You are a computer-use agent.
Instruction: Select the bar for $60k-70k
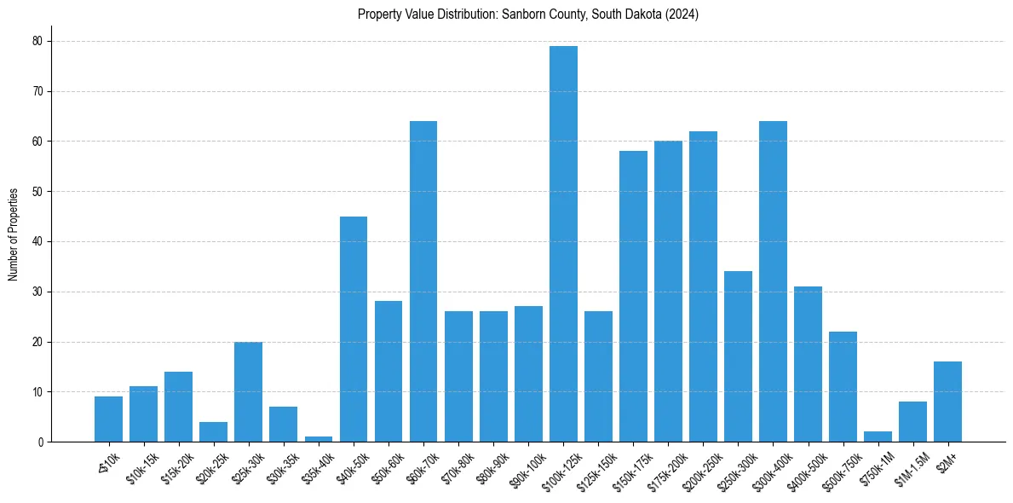coord(423,281)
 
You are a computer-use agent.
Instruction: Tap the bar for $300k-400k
coord(773,281)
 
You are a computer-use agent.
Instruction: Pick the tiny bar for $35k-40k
coord(319,439)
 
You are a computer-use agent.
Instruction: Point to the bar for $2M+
coord(947,402)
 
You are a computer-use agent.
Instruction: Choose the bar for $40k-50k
coord(354,329)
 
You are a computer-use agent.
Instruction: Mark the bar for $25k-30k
coord(249,391)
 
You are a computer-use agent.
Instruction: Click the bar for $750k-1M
coord(878,437)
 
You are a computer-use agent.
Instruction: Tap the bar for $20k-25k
coord(214,431)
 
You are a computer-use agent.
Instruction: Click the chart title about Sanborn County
coord(528,14)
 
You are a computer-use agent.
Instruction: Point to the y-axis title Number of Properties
coord(14,234)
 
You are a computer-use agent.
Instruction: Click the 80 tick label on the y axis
coord(37,41)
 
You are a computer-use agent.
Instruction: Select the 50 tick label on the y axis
coord(37,192)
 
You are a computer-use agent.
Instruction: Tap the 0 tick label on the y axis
coord(40,442)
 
